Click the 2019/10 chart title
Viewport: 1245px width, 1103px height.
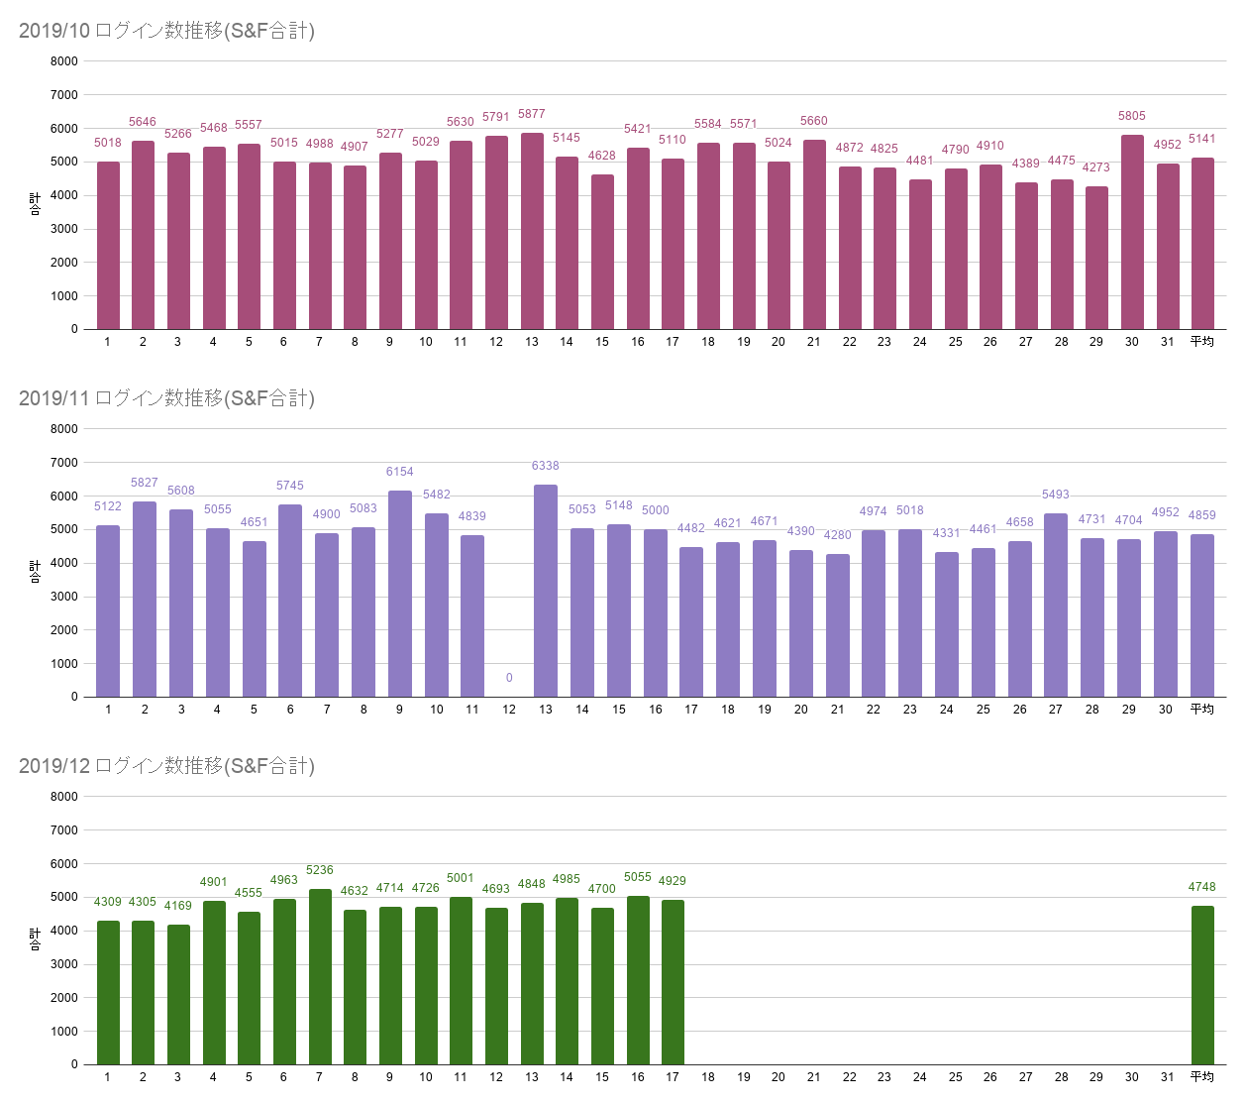tap(166, 31)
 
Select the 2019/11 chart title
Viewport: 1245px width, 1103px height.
tap(166, 398)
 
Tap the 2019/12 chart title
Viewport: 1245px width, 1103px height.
tap(166, 766)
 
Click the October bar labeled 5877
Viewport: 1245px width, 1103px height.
tap(532, 231)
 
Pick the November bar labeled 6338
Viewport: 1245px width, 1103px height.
tap(546, 591)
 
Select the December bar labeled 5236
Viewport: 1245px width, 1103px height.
tap(320, 976)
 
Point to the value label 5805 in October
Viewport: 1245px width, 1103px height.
tap(1131, 116)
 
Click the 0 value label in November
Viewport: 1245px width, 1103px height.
tap(509, 678)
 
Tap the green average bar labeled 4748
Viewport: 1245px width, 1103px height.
tap(1202, 985)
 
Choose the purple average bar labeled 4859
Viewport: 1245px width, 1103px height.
tap(1202, 615)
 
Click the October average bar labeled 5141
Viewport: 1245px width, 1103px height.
tap(1202, 243)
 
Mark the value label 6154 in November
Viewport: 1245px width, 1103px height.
tap(400, 472)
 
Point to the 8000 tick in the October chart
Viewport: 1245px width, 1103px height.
tap(64, 61)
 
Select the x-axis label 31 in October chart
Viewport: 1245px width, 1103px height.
tap(1167, 342)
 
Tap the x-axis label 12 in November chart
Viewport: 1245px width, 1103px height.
tap(509, 710)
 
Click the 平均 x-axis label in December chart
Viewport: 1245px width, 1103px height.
tap(1202, 1077)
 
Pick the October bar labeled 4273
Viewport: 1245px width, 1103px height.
tap(1096, 258)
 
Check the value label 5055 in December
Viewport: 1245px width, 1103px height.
tap(638, 877)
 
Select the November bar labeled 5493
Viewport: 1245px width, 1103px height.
tap(1056, 605)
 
